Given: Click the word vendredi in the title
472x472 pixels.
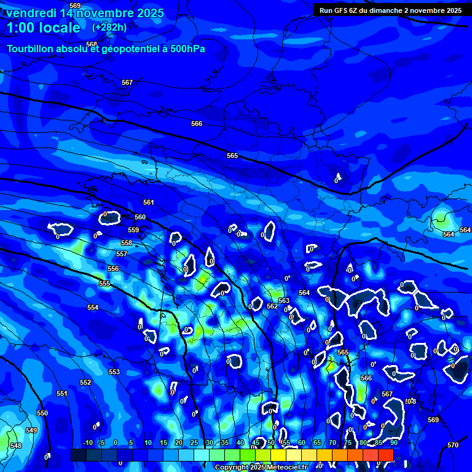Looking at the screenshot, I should tap(31, 13).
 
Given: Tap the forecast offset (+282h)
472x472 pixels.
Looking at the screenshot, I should tap(109, 27).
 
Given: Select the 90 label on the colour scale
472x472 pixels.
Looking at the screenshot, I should tap(393, 442).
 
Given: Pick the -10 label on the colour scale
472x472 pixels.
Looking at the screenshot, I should tap(87, 442).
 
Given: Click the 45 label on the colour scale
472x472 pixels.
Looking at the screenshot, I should tap(256, 442).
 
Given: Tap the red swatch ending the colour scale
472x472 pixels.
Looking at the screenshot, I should tap(386, 455).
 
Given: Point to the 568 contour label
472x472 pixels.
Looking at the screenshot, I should tap(92, 45).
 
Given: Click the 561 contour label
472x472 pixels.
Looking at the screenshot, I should tap(148, 202).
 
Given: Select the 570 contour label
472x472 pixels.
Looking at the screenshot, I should tap(453, 445).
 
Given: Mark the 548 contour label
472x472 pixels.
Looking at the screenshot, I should tap(15, 446).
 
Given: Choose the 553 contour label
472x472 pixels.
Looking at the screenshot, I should tap(114, 372).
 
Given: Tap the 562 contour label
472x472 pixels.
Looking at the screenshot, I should tap(272, 306).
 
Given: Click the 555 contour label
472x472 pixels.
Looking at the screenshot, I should tap(104, 283).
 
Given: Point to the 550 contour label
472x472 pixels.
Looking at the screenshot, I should tap(42, 414).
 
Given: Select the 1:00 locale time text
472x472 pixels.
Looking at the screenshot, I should tap(43, 28).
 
